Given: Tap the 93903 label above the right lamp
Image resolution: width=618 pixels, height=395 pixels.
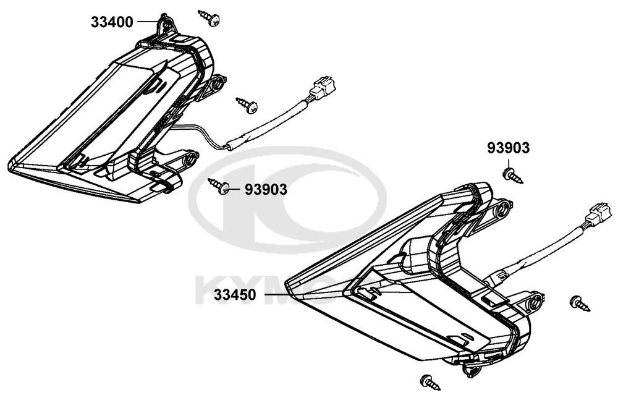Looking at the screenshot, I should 508,148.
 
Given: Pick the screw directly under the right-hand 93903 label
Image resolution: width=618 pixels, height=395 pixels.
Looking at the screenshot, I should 514,176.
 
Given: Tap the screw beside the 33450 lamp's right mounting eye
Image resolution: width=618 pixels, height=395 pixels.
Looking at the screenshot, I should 580,303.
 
